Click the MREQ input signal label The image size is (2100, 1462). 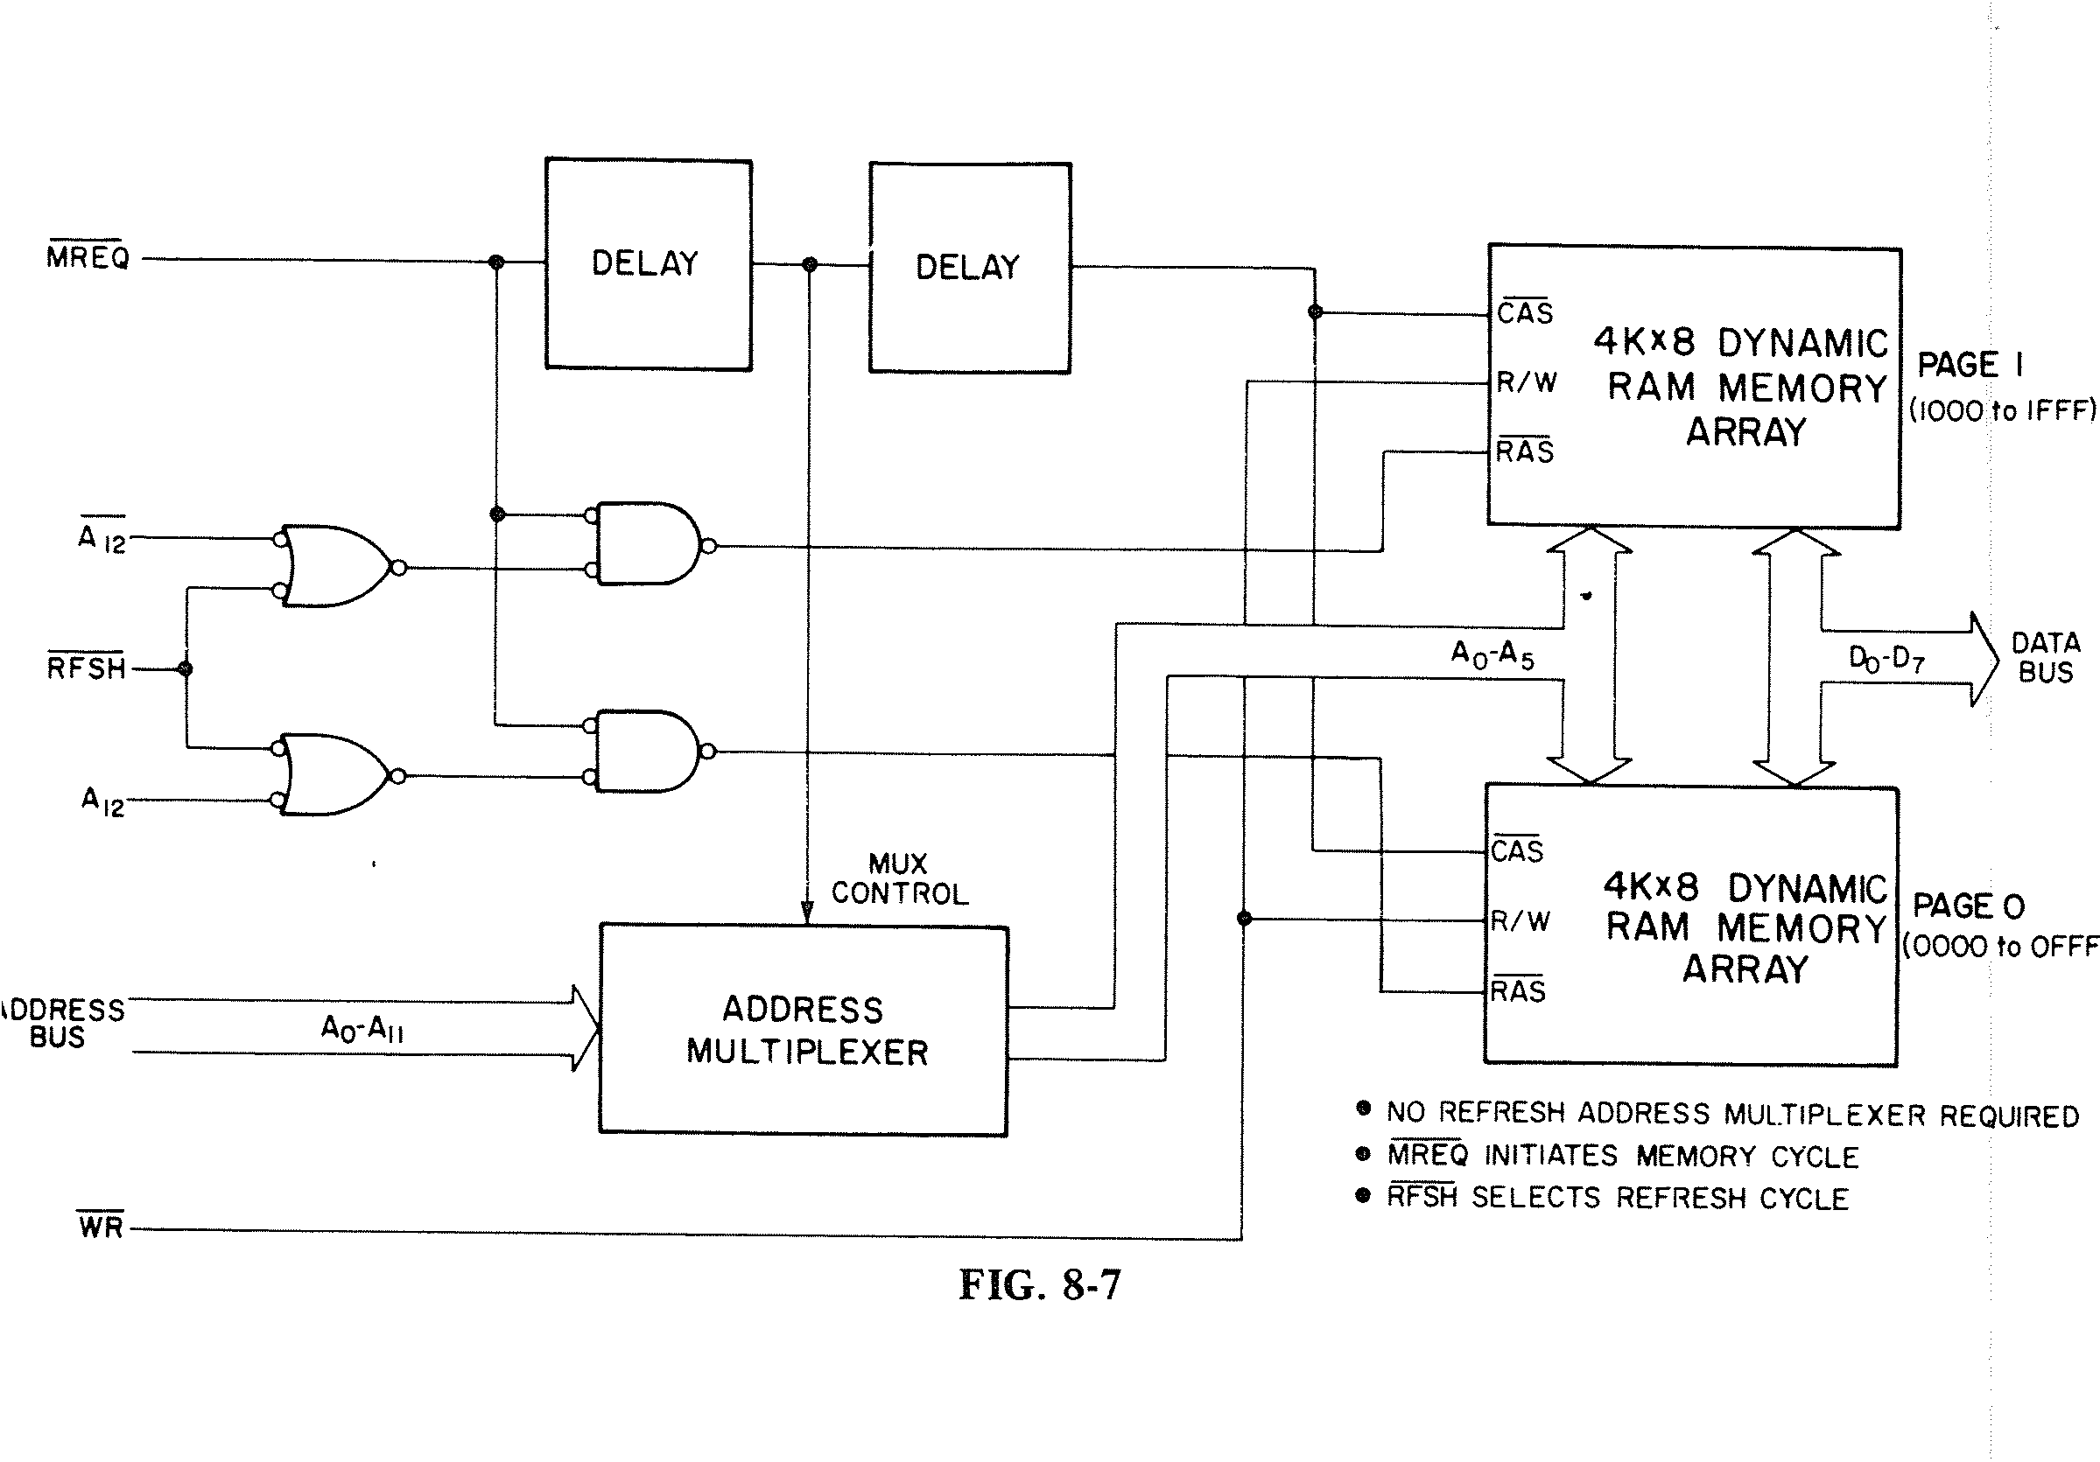88,258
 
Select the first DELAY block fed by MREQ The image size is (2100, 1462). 648,263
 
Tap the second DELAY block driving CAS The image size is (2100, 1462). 970,267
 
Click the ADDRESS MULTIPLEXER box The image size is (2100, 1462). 803,1031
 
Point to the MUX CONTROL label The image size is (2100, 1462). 899,878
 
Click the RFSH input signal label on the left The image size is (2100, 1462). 86,668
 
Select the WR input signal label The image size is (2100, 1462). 101,1226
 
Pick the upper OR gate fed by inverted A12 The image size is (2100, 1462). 334,565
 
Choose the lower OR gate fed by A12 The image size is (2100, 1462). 334,774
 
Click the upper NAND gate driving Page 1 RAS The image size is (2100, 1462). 646,543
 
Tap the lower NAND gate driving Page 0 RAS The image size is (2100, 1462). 646,751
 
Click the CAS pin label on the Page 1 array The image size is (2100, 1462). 1525,312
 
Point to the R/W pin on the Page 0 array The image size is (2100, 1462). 1521,920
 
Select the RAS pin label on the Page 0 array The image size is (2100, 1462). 1517,990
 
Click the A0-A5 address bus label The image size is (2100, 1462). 1492,654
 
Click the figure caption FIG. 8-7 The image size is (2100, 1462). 1039,1284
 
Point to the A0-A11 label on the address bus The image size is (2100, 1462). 362,1029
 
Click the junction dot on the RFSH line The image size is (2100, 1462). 186,669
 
